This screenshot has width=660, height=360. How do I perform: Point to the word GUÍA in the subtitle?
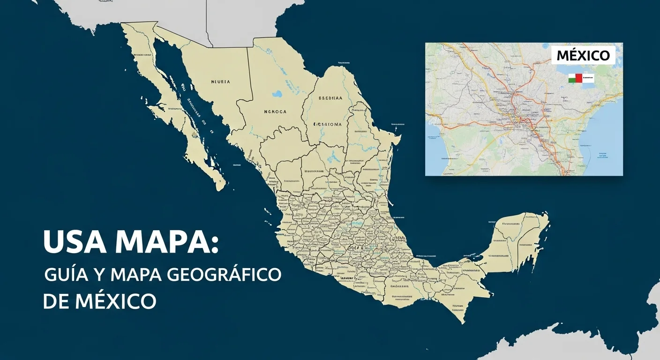click(66, 275)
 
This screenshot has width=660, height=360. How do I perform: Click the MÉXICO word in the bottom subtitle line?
click(114, 300)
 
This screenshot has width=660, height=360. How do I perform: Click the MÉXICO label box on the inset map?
click(583, 55)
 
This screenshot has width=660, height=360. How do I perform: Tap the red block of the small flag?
click(578, 78)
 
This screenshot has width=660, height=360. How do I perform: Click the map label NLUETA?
click(220, 82)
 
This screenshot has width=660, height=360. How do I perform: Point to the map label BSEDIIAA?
click(330, 99)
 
